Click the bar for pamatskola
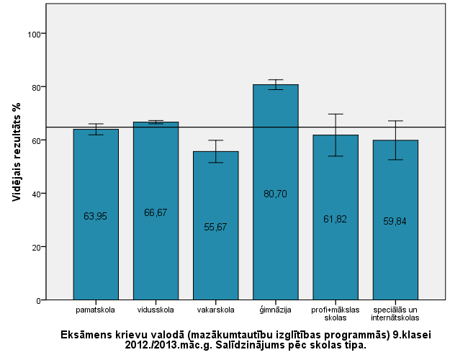96,245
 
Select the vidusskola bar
156,245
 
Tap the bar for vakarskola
215,259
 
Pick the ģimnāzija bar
275,238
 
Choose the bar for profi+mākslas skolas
336,252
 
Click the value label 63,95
96,216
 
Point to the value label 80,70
275,194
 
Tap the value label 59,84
395,221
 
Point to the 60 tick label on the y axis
32,140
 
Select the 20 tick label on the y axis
32,247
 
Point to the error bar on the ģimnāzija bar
275,84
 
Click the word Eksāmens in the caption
86,335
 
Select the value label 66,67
156,212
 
